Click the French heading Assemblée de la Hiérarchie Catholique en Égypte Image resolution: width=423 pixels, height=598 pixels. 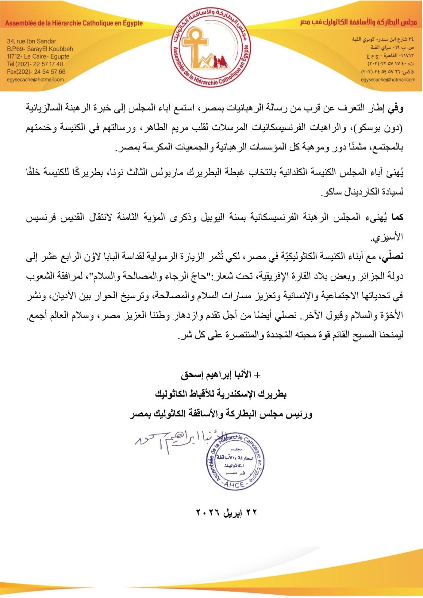74,23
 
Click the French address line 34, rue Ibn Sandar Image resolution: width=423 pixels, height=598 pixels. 31,41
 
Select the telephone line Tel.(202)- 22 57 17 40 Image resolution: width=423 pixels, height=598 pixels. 35,64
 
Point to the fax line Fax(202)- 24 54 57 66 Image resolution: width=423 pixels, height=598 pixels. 36,71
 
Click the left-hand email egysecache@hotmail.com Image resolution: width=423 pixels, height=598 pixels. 36,80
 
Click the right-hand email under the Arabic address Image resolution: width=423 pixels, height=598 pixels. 388,80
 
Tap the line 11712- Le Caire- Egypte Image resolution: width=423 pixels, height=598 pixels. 38,56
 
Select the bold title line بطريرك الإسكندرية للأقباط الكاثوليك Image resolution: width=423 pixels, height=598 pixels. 221,394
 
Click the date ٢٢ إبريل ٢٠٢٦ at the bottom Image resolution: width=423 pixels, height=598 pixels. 227,512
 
